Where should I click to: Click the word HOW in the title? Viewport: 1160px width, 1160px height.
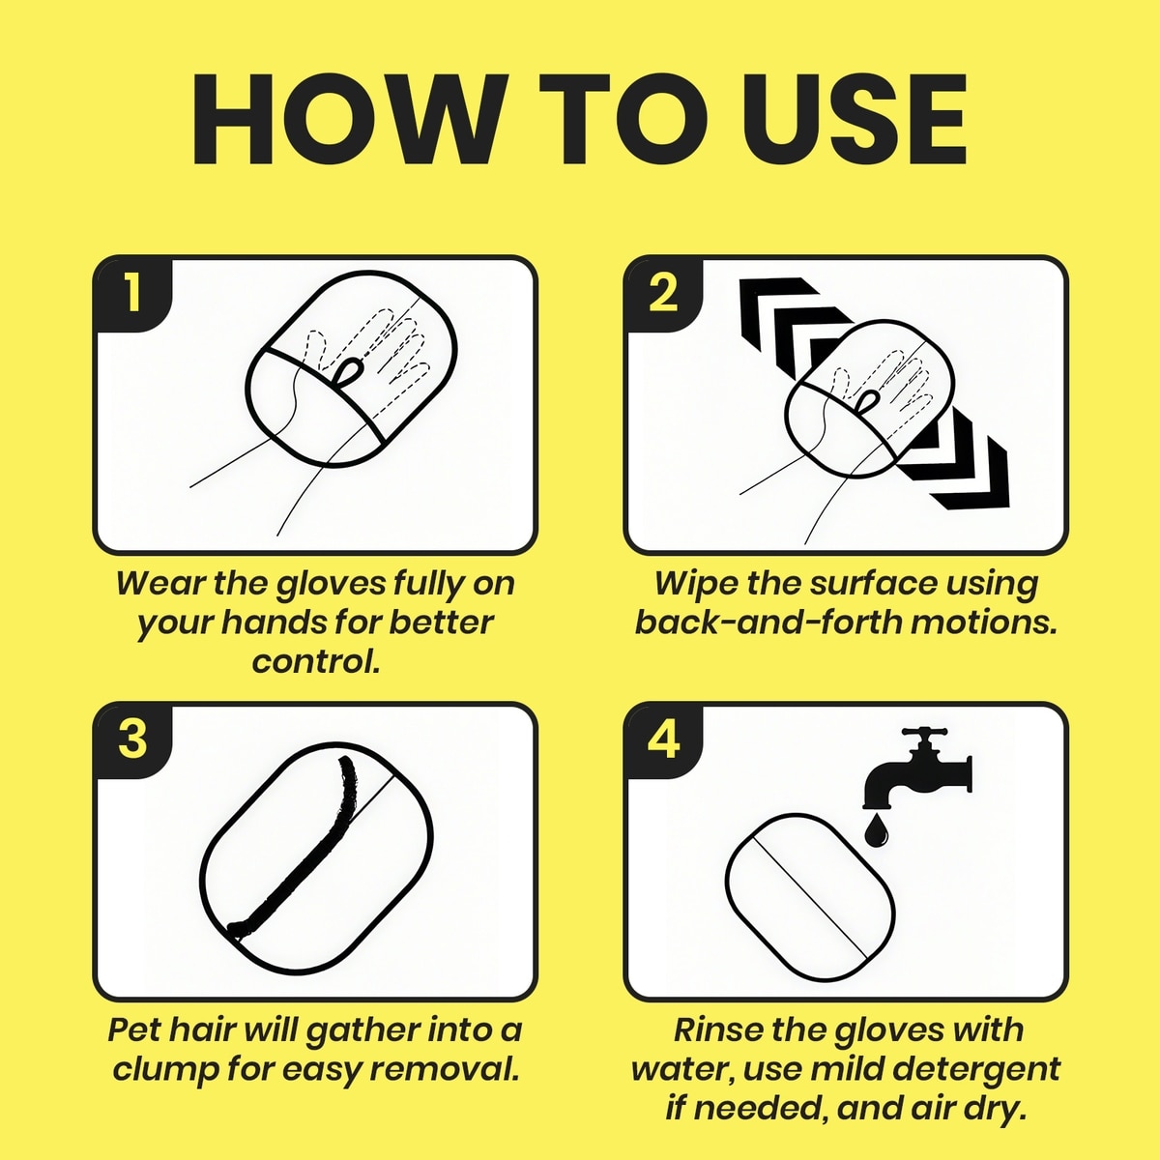(347, 120)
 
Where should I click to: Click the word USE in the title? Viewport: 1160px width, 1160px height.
(855, 120)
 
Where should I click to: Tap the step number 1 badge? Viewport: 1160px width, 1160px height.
(133, 294)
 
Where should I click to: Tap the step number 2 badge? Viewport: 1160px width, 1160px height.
(664, 294)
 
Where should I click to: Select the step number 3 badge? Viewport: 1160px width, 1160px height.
(133, 739)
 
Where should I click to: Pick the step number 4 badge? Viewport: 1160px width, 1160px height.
(664, 739)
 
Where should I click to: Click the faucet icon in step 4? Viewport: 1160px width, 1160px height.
(915, 769)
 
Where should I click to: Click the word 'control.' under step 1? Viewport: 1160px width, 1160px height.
(316, 661)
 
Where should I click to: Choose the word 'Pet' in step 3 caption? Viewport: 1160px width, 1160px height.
(134, 1029)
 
